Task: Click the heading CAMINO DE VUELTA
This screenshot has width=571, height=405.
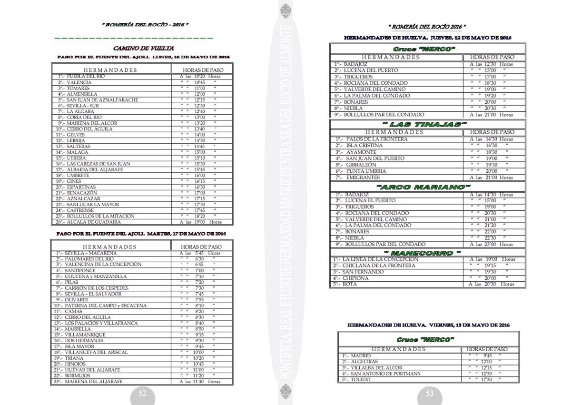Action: [x=143, y=48]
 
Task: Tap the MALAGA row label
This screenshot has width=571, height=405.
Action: [x=77, y=152]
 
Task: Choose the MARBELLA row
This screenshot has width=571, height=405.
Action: [x=78, y=329]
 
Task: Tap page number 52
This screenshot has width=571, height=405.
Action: [x=142, y=394]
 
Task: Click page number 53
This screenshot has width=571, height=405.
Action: [x=429, y=394]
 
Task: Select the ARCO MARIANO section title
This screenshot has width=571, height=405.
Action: [x=423, y=187]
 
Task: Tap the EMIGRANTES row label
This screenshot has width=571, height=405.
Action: [x=363, y=178]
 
